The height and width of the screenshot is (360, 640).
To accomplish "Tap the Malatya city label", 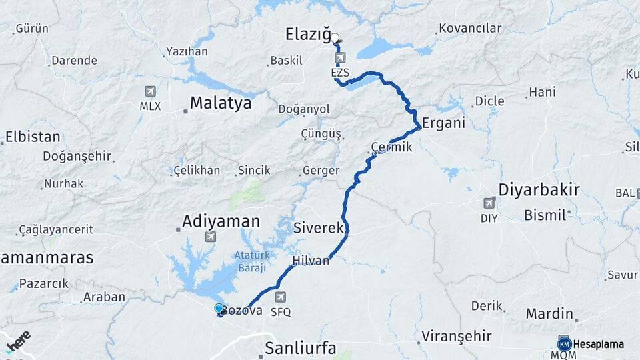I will (x=220, y=103).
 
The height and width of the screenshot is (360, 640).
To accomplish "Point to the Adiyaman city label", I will (x=221, y=221).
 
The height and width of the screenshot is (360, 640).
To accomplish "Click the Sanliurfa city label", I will (x=300, y=348).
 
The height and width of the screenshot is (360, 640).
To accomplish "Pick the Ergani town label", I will (x=443, y=124).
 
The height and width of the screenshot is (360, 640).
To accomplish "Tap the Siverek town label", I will (x=319, y=228).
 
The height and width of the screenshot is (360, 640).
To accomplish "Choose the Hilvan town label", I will (x=311, y=261).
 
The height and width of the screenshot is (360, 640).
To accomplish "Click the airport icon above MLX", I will (x=151, y=92).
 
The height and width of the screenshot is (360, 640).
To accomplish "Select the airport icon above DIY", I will (x=489, y=203).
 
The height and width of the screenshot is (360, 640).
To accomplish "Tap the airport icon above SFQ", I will (x=281, y=297).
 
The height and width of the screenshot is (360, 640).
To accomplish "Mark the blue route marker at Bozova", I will (x=219, y=308).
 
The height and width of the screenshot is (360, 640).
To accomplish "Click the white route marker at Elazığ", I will (x=335, y=38).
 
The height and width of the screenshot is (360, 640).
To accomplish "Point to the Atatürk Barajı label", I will (x=250, y=261).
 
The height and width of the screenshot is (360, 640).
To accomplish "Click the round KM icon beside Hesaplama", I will (x=564, y=344).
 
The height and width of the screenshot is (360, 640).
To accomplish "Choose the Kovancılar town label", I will (x=470, y=28).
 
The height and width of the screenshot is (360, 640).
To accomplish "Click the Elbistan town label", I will (x=32, y=137).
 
